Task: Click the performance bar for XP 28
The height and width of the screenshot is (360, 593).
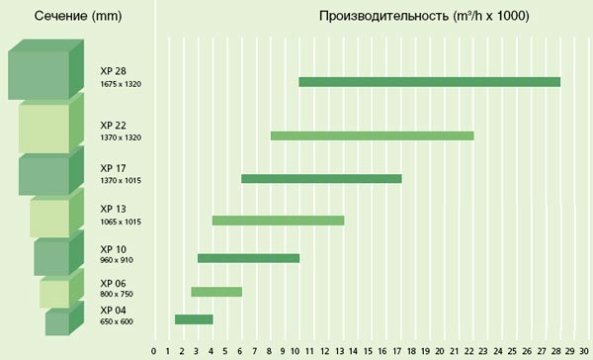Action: pyautogui.click(x=430, y=82)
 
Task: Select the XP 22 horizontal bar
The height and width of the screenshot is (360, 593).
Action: pyautogui.click(x=373, y=135)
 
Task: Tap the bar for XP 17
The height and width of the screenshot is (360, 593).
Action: pyautogui.click(x=321, y=179)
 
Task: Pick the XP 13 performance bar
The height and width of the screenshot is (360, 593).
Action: pyautogui.click(x=279, y=221)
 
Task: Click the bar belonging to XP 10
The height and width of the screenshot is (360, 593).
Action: pyautogui.click(x=248, y=258)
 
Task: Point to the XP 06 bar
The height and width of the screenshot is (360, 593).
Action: pyautogui.click(x=216, y=292)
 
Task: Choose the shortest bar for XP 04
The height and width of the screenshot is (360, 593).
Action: pyautogui.click(x=194, y=319)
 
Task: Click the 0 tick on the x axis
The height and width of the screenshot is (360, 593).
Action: pyautogui.click(x=153, y=351)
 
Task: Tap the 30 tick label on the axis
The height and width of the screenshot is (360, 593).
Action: pyautogui.click(x=584, y=351)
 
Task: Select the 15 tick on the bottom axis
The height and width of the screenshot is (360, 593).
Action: pyautogui.click(x=368, y=351)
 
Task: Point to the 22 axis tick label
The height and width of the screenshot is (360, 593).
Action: pyautogui.click(x=468, y=351)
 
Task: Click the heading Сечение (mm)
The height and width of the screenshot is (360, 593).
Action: pyautogui.click(x=78, y=16)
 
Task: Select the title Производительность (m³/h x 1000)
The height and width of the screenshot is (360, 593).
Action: pyautogui.click(x=424, y=16)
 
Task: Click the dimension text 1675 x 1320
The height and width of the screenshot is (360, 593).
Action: pyautogui.click(x=121, y=84)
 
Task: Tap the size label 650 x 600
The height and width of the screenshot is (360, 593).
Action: pyautogui.click(x=117, y=321)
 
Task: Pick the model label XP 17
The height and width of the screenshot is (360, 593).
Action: pyautogui.click(x=113, y=168)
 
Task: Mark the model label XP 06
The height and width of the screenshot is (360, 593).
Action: pyautogui.click(x=113, y=284)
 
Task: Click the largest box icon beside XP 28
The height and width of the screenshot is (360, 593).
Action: pyautogui.click(x=45, y=69)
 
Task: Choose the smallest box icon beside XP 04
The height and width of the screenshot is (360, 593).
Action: pyautogui.click(x=64, y=318)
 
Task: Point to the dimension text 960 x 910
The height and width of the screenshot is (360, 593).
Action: pyautogui.click(x=117, y=260)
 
